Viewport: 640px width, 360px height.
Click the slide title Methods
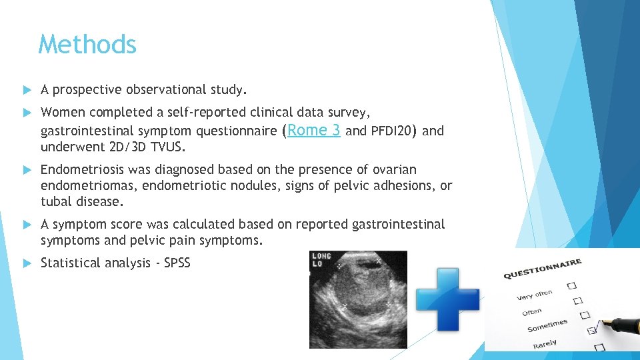tap(87, 45)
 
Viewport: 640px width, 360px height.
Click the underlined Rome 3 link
tap(314, 130)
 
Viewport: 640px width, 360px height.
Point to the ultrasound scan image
tap(358, 299)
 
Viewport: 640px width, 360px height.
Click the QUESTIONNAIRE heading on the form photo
tap(543, 269)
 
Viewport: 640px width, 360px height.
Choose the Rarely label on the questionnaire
tap(545, 344)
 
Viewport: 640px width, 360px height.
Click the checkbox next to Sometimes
tap(590, 329)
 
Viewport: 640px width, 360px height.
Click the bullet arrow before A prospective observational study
tap(27, 90)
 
